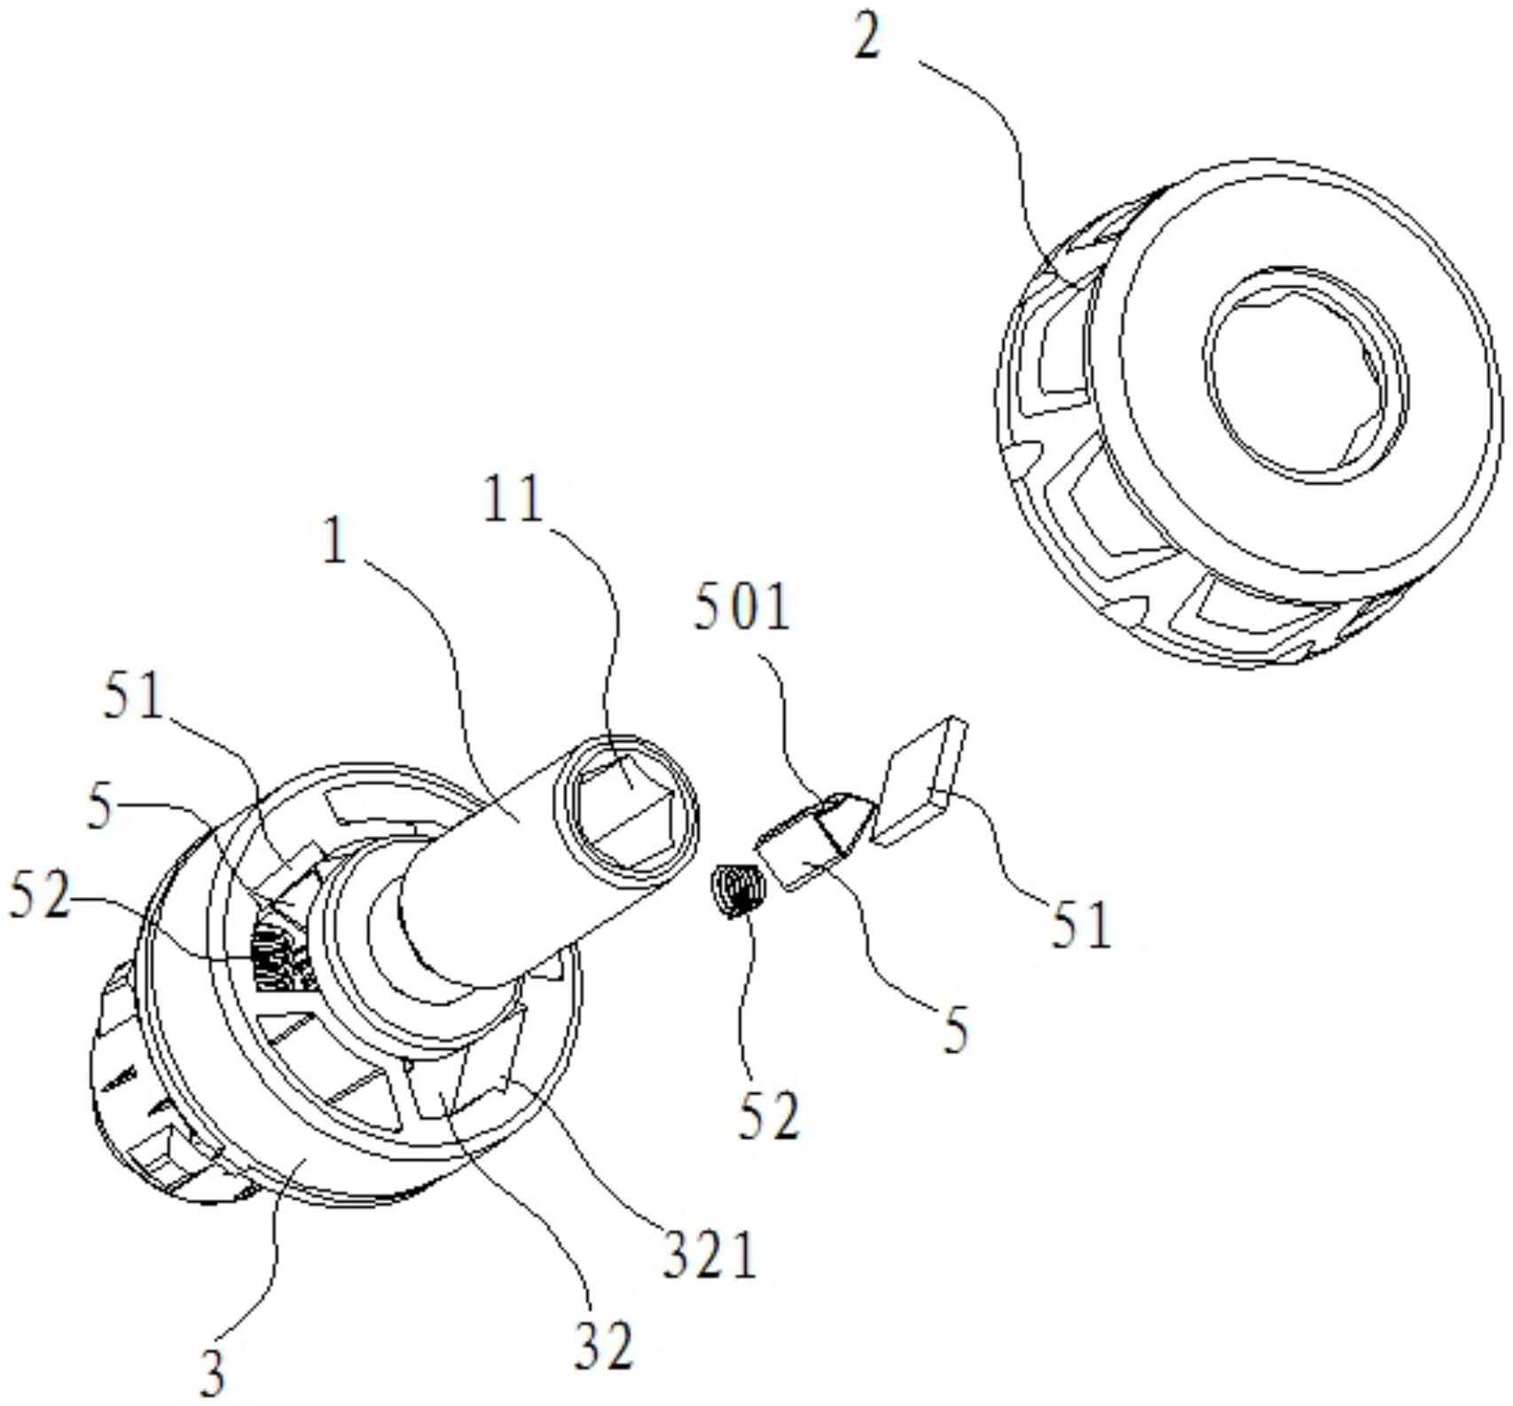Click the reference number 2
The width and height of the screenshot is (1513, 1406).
click(868, 38)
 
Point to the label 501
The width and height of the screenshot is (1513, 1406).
click(741, 609)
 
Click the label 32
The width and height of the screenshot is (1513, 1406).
click(604, 1346)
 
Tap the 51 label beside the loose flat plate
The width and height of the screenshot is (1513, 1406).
click(1080, 923)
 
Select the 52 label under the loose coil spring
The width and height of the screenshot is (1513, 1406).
click(769, 1114)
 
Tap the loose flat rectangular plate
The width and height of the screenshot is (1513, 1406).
click(920, 778)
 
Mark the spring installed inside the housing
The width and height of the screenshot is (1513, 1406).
click(282, 954)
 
